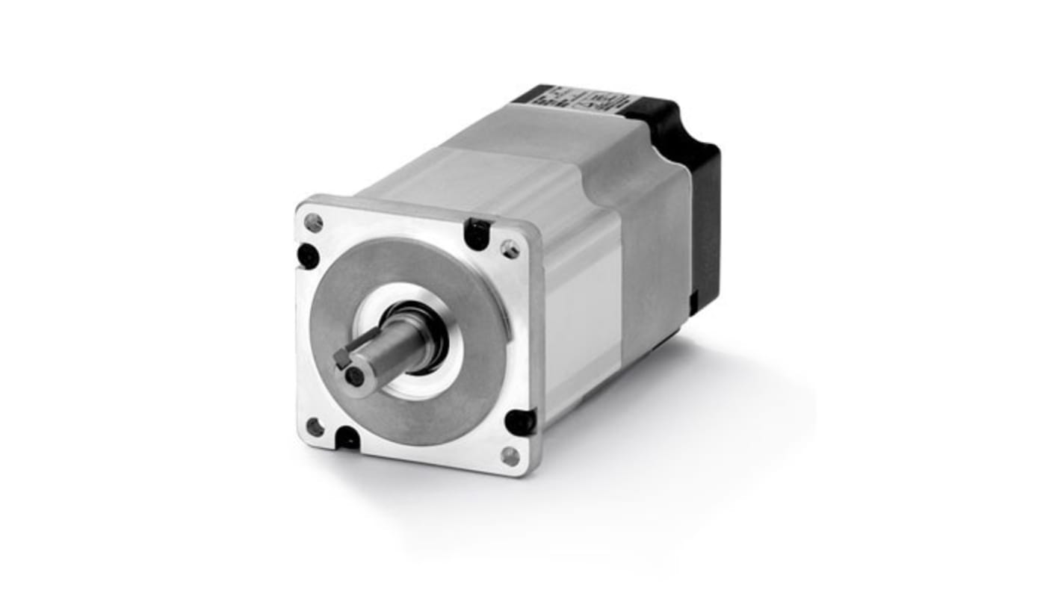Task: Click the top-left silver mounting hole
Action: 315,222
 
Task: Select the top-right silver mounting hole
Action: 510,249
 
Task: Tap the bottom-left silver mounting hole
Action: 315,427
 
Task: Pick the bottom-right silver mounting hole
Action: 510,456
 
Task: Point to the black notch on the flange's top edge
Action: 477,234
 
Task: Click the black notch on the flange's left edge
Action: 308,255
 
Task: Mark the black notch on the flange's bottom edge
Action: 347,438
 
